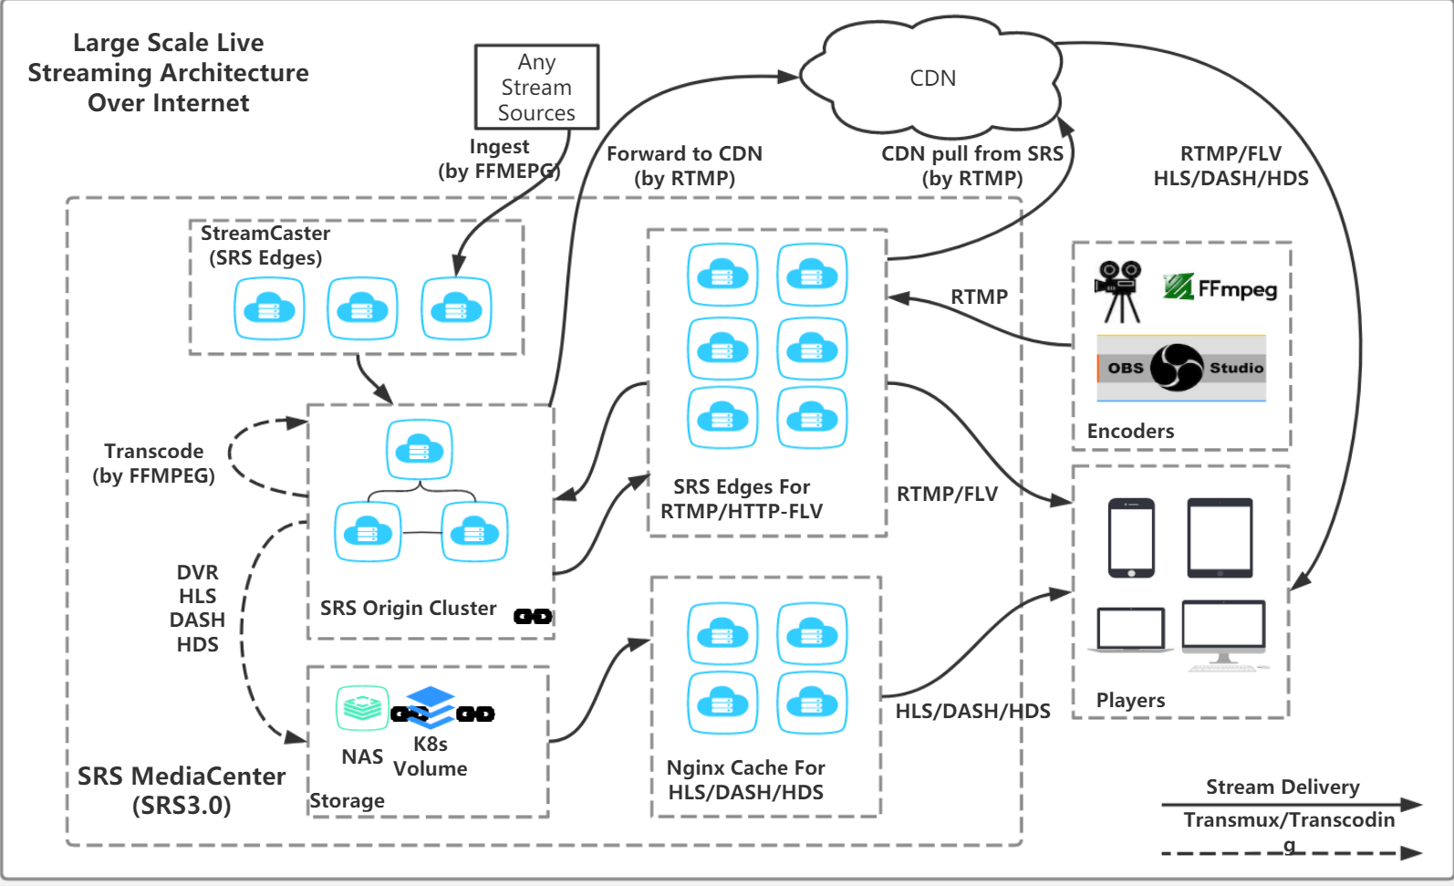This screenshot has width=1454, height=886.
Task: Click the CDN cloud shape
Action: (932, 78)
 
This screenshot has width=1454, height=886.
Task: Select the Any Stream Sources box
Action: (536, 88)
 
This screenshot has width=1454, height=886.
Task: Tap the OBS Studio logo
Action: (1180, 368)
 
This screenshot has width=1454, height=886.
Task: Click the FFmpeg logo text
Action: (1221, 288)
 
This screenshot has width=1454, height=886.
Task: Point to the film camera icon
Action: (1119, 291)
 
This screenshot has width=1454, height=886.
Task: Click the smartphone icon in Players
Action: (1131, 537)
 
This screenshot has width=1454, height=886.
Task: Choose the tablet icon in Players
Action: (1220, 537)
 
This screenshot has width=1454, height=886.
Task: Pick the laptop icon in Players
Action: (1131, 630)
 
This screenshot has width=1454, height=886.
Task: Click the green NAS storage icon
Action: (362, 708)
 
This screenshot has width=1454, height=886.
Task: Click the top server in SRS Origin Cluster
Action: (419, 449)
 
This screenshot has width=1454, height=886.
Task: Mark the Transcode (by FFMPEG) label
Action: (153, 464)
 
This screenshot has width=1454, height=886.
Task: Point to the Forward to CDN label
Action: (684, 166)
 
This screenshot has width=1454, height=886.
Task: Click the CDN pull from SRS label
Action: (971, 166)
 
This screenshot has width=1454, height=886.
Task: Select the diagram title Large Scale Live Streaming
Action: (169, 73)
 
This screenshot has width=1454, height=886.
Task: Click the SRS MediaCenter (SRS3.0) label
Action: (182, 790)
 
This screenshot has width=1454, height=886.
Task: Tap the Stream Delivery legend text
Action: (1283, 787)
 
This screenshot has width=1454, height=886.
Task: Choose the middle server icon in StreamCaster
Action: (362, 308)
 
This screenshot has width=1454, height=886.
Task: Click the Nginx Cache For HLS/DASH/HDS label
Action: (745, 780)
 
